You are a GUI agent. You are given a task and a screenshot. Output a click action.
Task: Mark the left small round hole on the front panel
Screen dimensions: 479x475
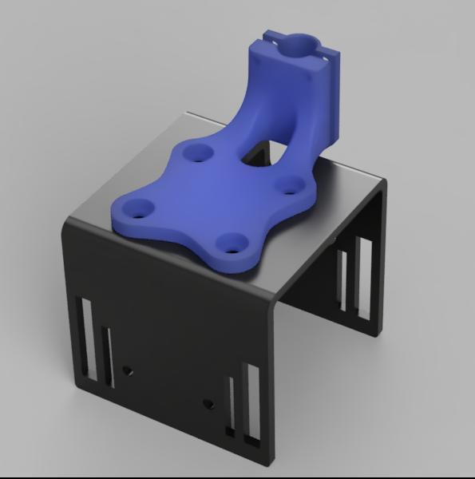click(128, 370)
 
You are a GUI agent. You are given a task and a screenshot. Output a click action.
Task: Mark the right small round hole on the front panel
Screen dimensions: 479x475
click(209, 404)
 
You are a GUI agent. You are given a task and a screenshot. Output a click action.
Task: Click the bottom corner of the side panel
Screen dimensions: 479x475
click(375, 336)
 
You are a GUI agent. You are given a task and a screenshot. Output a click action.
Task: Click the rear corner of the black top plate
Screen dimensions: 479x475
click(185, 113)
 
